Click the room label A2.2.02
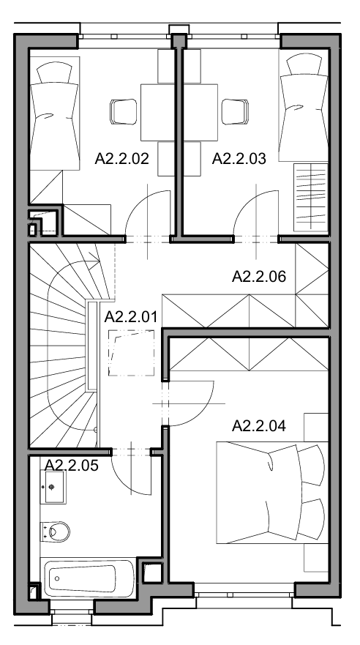121,158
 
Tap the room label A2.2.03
239,158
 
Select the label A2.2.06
259,277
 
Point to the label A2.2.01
131,317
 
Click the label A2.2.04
259,426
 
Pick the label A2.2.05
72,465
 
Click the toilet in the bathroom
55,532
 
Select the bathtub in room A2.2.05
89,578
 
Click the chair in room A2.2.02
123,112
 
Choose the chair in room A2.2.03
235,112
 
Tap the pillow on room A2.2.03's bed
304,65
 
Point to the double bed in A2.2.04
272,493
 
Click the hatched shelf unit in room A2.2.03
311,198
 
